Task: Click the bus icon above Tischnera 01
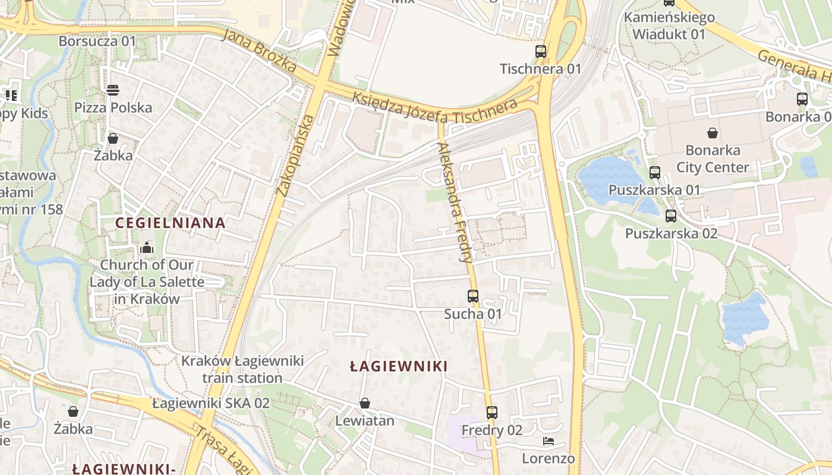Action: pyautogui.click(x=540, y=52)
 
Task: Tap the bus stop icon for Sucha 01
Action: pyautogui.click(x=473, y=296)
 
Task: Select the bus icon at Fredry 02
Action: pyautogui.click(x=491, y=412)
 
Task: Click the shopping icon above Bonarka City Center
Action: pyautogui.click(x=712, y=132)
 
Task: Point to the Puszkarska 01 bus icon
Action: pyautogui.click(x=654, y=173)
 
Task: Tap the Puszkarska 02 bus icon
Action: pyautogui.click(x=671, y=216)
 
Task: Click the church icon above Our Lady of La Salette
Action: pyautogui.click(x=147, y=247)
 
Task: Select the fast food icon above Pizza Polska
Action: pyautogui.click(x=113, y=90)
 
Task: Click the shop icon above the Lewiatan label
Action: pyautogui.click(x=365, y=403)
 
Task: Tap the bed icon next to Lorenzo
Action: pyautogui.click(x=549, y=441)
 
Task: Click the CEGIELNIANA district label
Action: pyautogui.click(x=171, y=223)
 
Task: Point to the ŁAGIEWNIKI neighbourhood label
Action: pyautogui.click(x=398, y=366)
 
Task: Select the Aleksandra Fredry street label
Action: pyautogui.click(x=455, y=202)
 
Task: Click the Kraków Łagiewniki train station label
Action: pyautogui.click(x=242, y=369)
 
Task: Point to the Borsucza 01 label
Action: pyautogui.click(x=97, y=42)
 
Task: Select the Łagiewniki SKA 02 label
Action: pyautogui.click(x=211, y=403)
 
